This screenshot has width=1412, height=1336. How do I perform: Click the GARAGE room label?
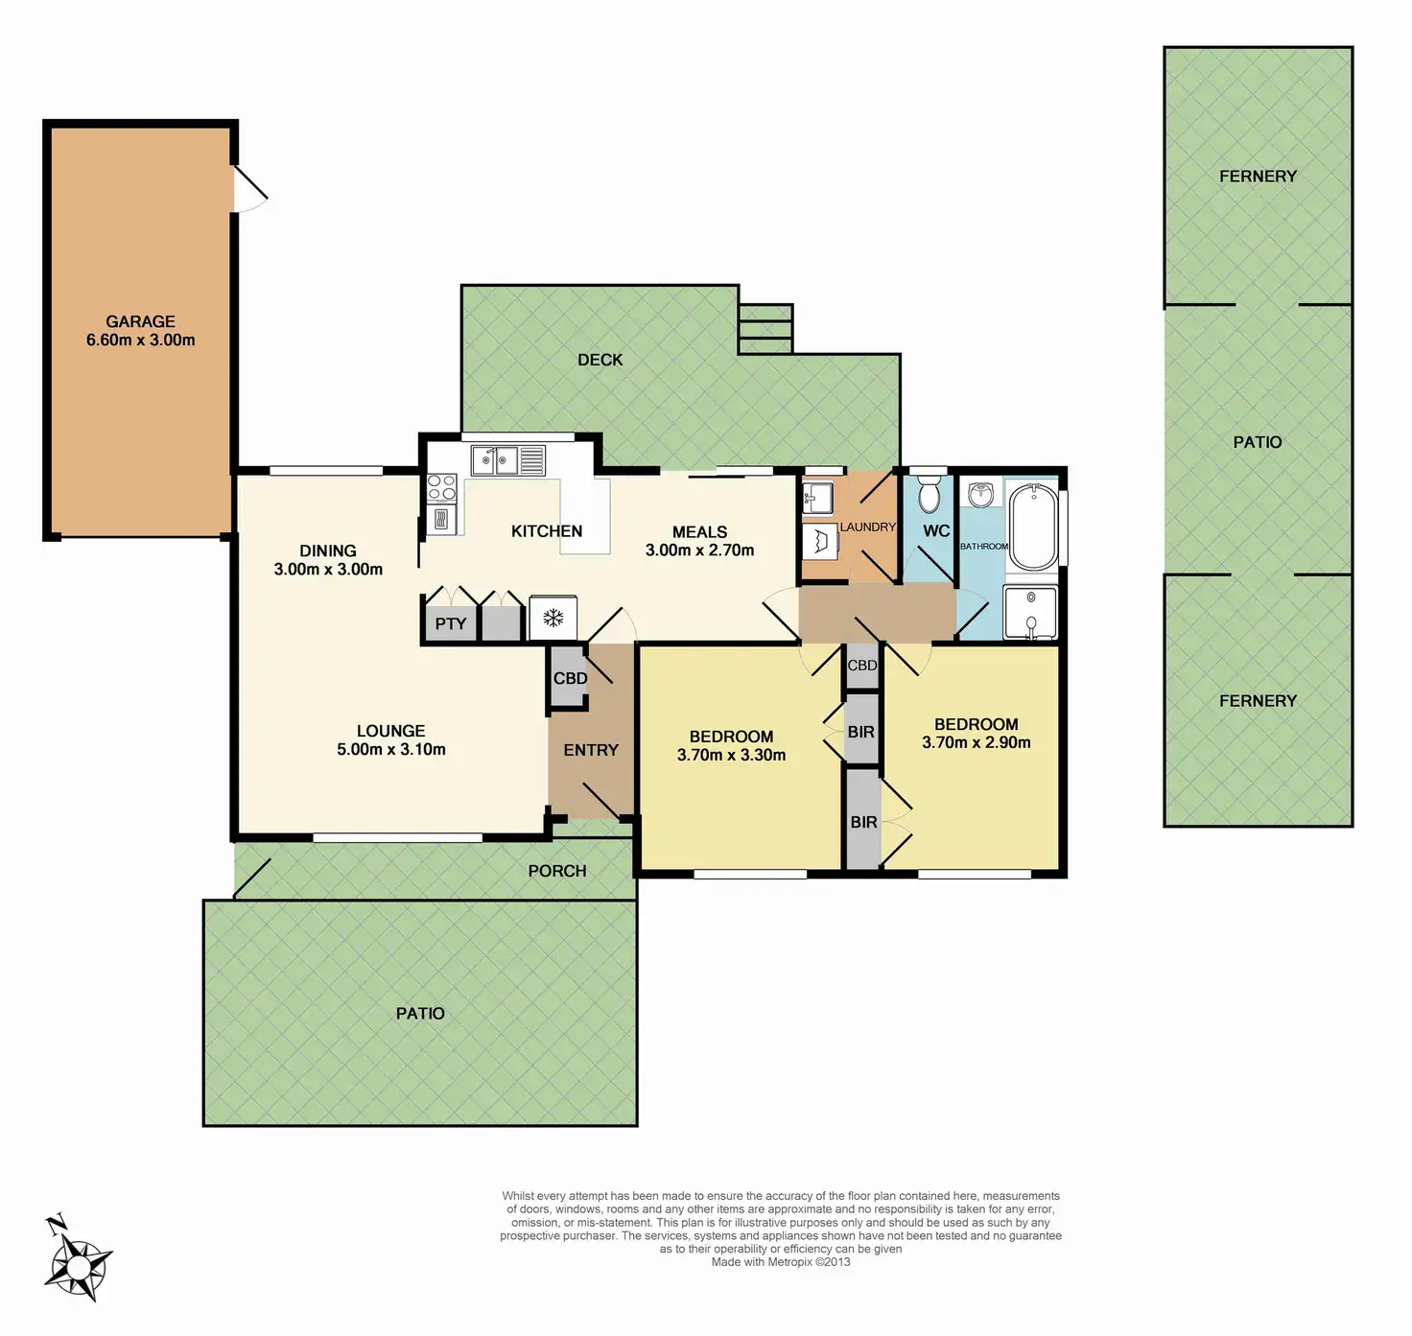coord(140,322)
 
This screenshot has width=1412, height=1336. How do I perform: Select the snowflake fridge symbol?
coord(553,618)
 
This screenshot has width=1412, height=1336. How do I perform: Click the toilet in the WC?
coord(929,493)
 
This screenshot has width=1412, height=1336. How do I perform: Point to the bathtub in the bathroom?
coord(1033,527)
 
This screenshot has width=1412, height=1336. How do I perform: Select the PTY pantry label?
coord(450,623)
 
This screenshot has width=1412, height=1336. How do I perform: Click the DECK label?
coord(600,360)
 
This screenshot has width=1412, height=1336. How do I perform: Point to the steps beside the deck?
coord(765,329)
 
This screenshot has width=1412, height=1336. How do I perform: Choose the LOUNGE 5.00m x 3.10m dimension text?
coord(391,749)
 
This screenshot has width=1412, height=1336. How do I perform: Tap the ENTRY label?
coord(591,750)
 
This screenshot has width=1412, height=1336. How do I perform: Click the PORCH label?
coord(557,871)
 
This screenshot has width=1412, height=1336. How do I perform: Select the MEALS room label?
coord(699,532)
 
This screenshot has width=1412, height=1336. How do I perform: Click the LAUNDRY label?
coord(867,527)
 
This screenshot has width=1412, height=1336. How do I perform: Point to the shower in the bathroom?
coord(1030,613)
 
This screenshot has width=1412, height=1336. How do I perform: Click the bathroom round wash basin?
coord(979,494)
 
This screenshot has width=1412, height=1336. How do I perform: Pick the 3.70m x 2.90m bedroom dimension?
coord(977,742)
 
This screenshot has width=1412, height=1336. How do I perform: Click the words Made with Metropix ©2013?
coord(781,1262)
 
